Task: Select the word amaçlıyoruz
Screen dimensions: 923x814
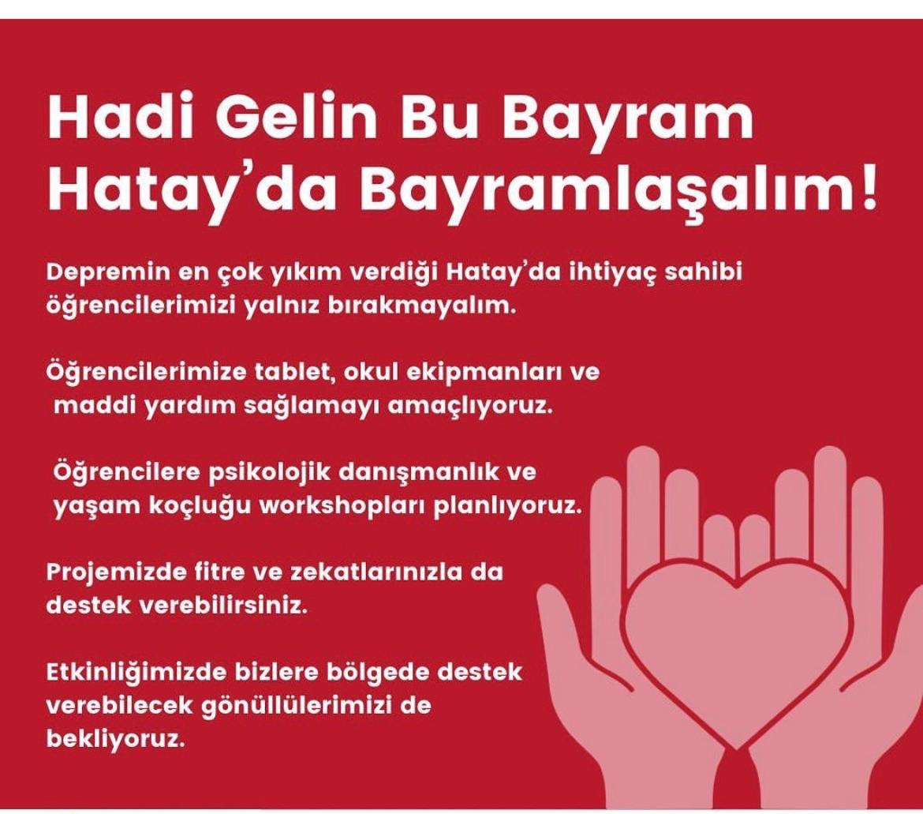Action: pyautogui.click(x=472, y=407)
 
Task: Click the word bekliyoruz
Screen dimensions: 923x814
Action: pyautogui.click(x=115, y=739)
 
